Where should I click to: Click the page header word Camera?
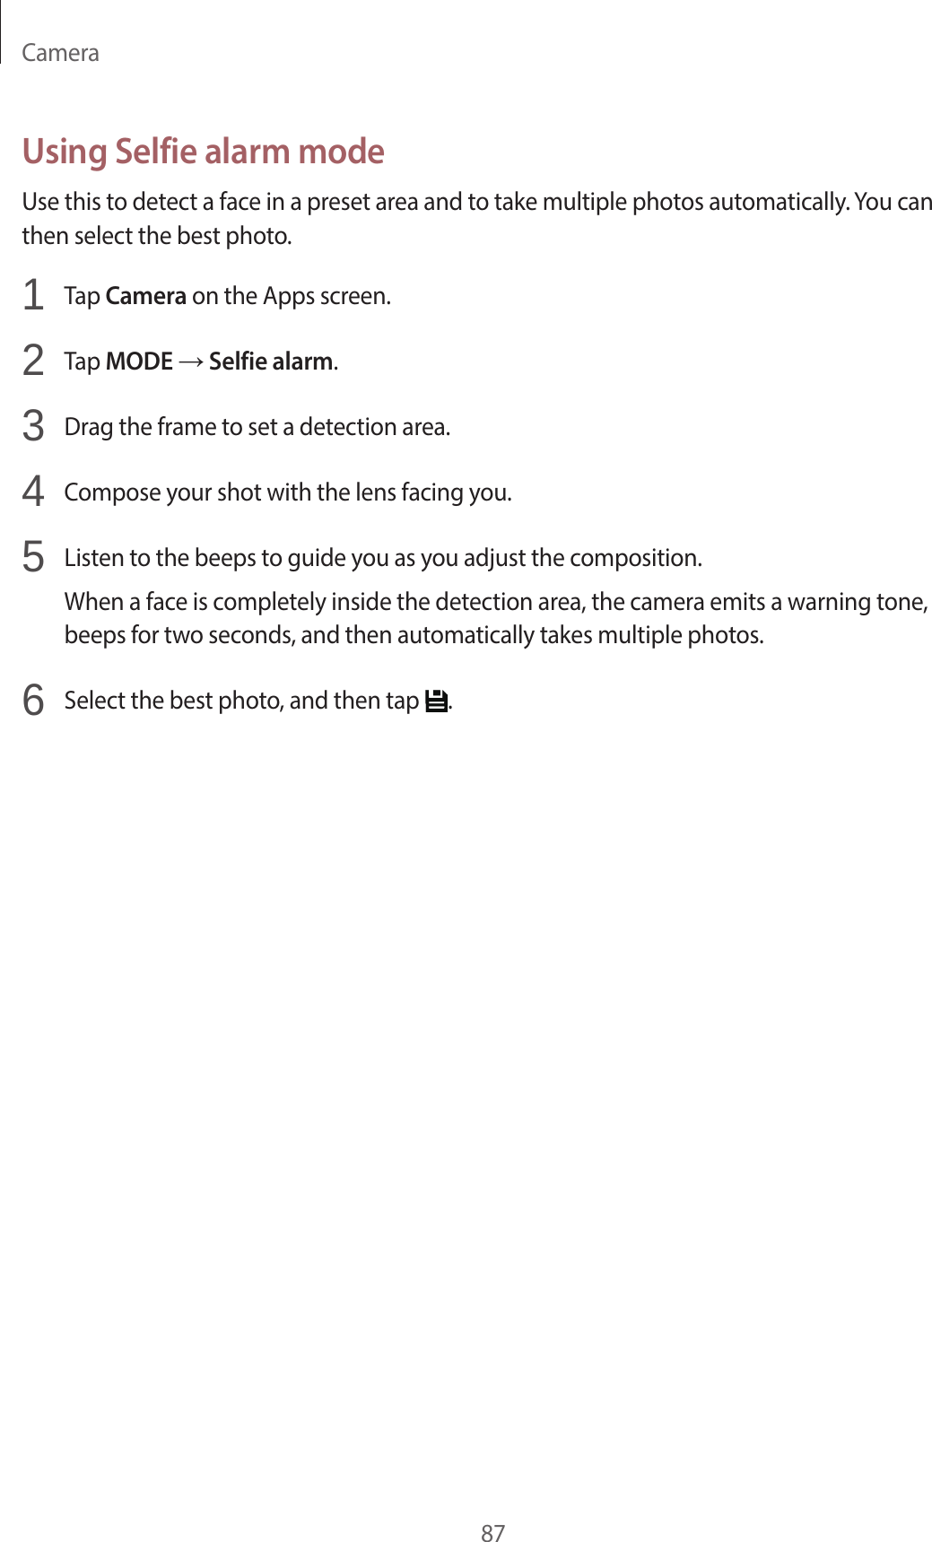click(x=60, y=53)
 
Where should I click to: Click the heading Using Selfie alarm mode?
click(x=203, y=152)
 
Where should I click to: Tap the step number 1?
click(x=33, y=295)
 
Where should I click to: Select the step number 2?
click(x=33, y=361)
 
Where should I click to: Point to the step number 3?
click(x=33, y=426)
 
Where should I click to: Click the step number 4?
click(x=33, y=492)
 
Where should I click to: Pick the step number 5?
click(x=33, y=557)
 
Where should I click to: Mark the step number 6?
click(x=33, y=700)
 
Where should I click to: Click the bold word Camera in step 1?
click(x=145, y=296)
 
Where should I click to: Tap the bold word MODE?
click(x=139, y=362)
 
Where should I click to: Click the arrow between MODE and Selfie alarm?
click(x=191, y=362)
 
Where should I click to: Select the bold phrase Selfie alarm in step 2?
click(x=271, y=362)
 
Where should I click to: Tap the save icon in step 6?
click(x=436, y=701)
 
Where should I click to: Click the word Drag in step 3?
click(x=88, y=427)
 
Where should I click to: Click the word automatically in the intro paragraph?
click(x=777, y=202)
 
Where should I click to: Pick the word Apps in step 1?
click(x=288, y=296)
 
